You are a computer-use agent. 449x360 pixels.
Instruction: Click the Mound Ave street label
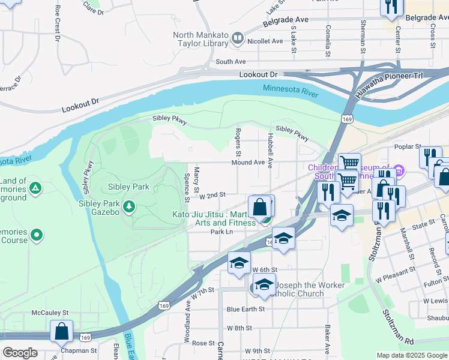[249, 163]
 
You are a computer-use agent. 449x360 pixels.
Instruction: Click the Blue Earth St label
[246, 310]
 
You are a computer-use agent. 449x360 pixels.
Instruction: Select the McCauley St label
[50, 313]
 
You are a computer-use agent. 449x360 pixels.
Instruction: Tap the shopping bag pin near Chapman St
[61, 331]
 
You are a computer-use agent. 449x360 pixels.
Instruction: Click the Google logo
[20, 353]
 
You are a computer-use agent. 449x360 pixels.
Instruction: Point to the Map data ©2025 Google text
[411, 355]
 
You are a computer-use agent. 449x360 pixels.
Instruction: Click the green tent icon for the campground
[36, 188]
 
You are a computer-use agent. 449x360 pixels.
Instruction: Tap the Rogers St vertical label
[238, 139]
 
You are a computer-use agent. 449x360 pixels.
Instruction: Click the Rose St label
[203, 343]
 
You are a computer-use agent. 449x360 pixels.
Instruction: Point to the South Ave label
[231, 62]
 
